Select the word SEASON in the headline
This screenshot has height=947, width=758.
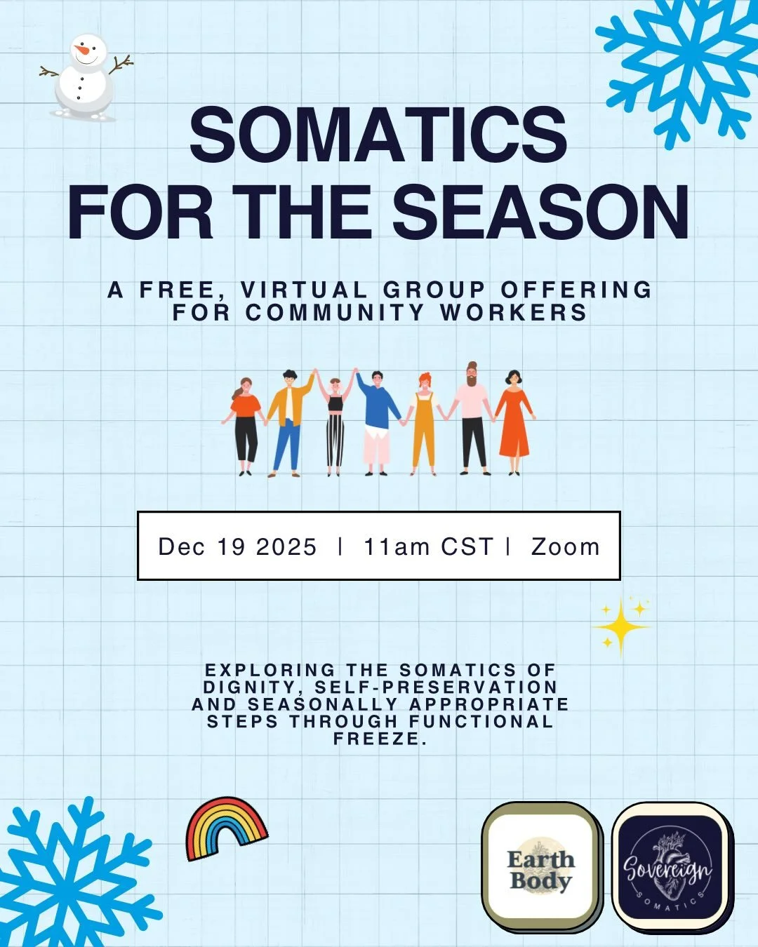point(540,213)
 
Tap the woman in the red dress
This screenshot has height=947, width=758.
point(514,421)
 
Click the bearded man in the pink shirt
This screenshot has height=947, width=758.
point(472,418)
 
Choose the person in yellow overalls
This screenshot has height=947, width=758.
point(423,422)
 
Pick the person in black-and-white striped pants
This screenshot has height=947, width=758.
point(335,422)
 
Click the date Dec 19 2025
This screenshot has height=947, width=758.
point(237,547)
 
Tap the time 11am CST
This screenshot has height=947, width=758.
point(428,547)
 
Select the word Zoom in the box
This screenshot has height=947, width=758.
point(566,547)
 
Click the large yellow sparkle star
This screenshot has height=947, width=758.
point(620,626)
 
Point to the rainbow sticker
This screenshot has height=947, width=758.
point(226,828)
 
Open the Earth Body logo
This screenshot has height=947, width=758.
point(540,868)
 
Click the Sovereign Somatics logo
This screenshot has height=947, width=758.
point(668,868)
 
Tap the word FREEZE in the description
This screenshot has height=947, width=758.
point(379,739)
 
